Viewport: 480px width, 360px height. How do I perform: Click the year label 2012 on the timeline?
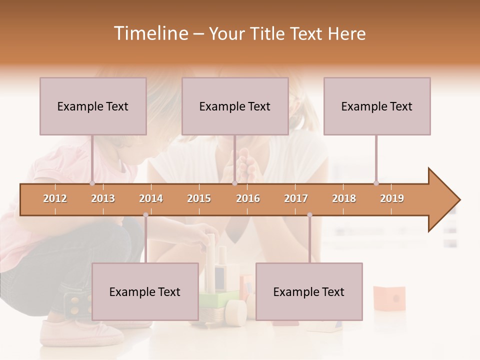pyautogui.click(x=55, y=198)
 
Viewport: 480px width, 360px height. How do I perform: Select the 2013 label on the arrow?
pyautogui.click(x=103, y=198)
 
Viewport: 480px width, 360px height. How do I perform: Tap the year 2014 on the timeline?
pyautogui.click(x=151, y=198)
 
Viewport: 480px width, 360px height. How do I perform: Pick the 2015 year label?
pyautogui.click(x=199, y=198)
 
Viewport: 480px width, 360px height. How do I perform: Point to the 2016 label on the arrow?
pyautogui.click(x=248, y=198)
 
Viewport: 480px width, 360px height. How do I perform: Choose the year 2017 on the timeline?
pyautogui.click(x=296, y=198)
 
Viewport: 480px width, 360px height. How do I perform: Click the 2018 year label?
pyautogui.click(x=344, y=198)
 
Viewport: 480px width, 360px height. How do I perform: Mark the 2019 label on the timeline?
pyautogui.click(x=392, y=198)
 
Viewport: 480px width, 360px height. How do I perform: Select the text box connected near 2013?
pyautogui.click(x=93, y=106)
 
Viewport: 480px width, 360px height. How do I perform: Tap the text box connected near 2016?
pyautogui.click(x=235, y=106)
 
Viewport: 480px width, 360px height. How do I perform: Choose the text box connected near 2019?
pyautogui.click(x=377, y=106)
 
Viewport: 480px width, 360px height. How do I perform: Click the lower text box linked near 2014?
pyautogui.click(x=145, y=291)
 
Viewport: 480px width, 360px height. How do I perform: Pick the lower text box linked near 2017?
pyautogui.click(x=309, y=291)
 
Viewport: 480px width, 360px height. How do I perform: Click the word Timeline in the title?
pyautogui.click(x=149, y=33)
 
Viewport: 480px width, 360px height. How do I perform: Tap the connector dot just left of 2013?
pyautogui.click(x=92, y=183)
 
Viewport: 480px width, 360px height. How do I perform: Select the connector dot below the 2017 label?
pyautogui.click(x=309, y=215)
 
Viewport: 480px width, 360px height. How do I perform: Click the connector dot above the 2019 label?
pyautogui.click(x=376, y=183)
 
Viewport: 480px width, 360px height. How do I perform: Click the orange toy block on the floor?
pyautogui.click(x=389, y=298)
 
